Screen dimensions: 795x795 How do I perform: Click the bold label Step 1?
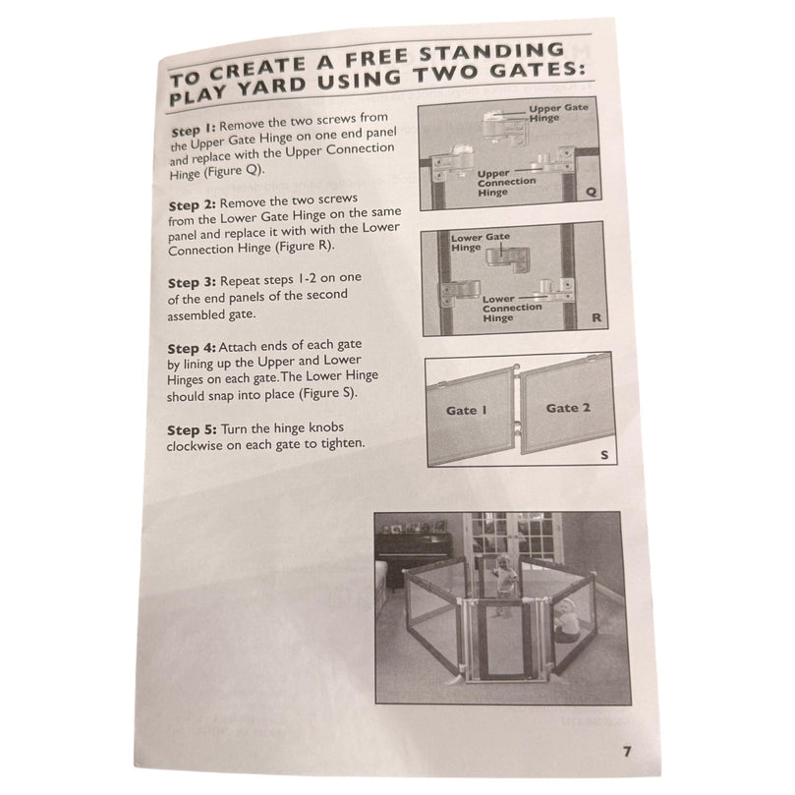tap(194, 130)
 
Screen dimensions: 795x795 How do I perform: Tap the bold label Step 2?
tap(193, 204)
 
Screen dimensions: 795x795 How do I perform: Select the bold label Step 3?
tap(192, 282)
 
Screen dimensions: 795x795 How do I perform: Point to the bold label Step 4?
tap(192, 348)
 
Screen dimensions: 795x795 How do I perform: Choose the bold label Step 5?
tap(192, 430)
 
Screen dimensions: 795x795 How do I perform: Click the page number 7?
tap(627, 751)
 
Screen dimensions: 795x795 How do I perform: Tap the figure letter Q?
tap(591, 193)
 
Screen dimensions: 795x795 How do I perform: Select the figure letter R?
tap(596, 317)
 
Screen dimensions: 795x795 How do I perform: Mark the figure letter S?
tap(603, 455)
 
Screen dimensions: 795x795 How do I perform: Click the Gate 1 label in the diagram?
tap(466, 410)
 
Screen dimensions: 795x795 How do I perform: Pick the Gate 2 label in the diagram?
tap(568, 408)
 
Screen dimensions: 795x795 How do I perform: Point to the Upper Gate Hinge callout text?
tap(558, 113)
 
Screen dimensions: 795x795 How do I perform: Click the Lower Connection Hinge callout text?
tap(512, 309)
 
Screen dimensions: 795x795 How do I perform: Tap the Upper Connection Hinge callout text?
tap(506, 183)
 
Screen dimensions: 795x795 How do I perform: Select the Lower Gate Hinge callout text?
tap(481, 243)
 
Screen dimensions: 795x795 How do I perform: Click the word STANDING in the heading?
tap(491, 53)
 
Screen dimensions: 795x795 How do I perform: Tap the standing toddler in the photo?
tap(504, 584)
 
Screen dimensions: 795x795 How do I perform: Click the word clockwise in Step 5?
tap(195, 446)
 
